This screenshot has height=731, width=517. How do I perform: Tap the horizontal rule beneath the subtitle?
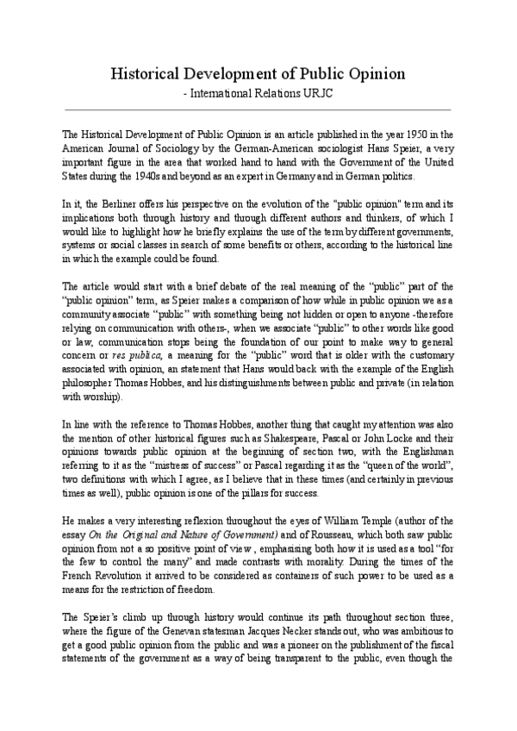(258, 109)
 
